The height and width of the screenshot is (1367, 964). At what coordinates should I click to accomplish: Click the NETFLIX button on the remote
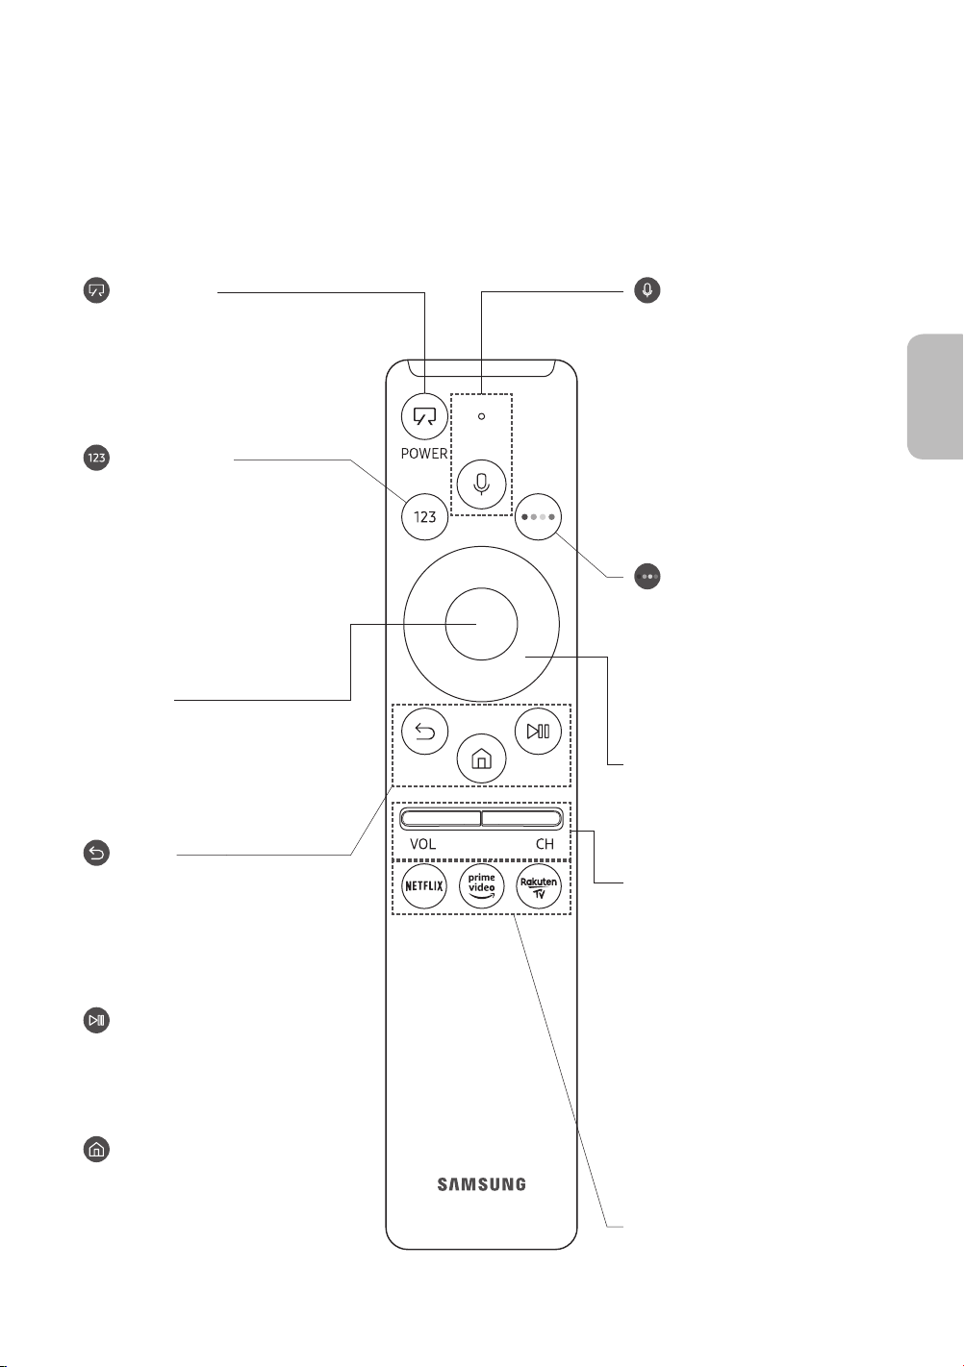424,885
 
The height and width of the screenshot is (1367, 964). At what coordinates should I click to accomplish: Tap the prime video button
481,885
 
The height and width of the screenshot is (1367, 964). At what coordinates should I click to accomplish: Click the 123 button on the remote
424,517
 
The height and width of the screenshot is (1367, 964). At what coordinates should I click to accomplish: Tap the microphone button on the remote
481,485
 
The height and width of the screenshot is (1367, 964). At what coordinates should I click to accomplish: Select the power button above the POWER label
424,417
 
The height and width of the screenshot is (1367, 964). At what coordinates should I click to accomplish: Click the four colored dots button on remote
538,517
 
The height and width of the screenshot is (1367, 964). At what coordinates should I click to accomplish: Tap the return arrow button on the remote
424,731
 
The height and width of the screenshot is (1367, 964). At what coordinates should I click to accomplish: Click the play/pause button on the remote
538,731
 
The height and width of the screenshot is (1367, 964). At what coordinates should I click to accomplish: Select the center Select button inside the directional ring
481,624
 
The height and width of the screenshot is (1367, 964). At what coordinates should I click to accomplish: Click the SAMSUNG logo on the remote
481,1184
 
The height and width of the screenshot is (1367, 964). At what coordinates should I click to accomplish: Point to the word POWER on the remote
424,454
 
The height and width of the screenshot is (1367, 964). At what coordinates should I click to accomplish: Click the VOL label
422,844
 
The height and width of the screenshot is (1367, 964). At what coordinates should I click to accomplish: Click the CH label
545,844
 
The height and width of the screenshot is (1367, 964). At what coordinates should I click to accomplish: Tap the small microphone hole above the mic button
481,416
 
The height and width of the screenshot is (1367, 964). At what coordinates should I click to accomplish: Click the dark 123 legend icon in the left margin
96,458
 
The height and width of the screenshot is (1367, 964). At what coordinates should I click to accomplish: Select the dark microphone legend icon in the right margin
647,290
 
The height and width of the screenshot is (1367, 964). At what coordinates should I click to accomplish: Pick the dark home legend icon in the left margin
96,1149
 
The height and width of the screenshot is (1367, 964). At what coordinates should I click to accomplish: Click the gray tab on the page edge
935,397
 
